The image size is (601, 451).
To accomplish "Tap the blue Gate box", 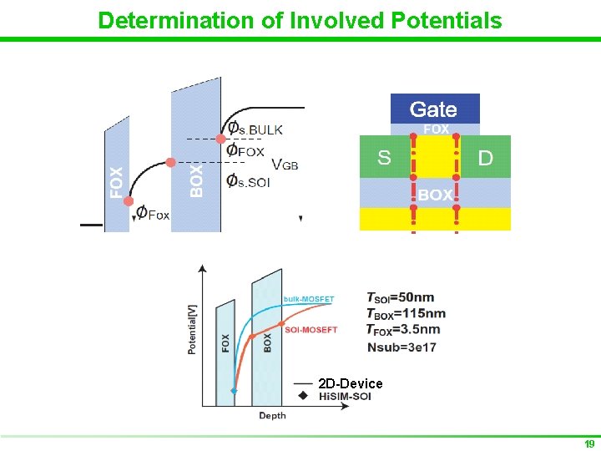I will coord(434,109).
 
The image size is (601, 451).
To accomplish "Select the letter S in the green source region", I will coord(384,158).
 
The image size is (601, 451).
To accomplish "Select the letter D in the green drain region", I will coord(485,158).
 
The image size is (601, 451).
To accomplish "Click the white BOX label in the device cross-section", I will coord(435,195).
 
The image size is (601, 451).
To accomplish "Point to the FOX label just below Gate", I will coord(436,129).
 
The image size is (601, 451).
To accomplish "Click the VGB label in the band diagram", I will coord(285,165).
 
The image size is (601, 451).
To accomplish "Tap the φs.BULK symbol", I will coord(255,129).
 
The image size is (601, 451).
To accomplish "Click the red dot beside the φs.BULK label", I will coord(221,138).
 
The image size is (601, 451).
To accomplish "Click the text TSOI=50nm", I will coord(400,297).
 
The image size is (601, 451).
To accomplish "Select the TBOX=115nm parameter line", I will coord(405,313).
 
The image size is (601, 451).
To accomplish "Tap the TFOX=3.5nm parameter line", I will coord(403,330).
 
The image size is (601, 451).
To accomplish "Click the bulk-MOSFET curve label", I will coord(309,299).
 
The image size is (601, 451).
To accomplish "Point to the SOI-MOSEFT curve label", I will coord(311,330).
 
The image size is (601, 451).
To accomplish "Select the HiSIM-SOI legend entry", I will coord(345,397).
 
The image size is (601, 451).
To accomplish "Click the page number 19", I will coord(588,443).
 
